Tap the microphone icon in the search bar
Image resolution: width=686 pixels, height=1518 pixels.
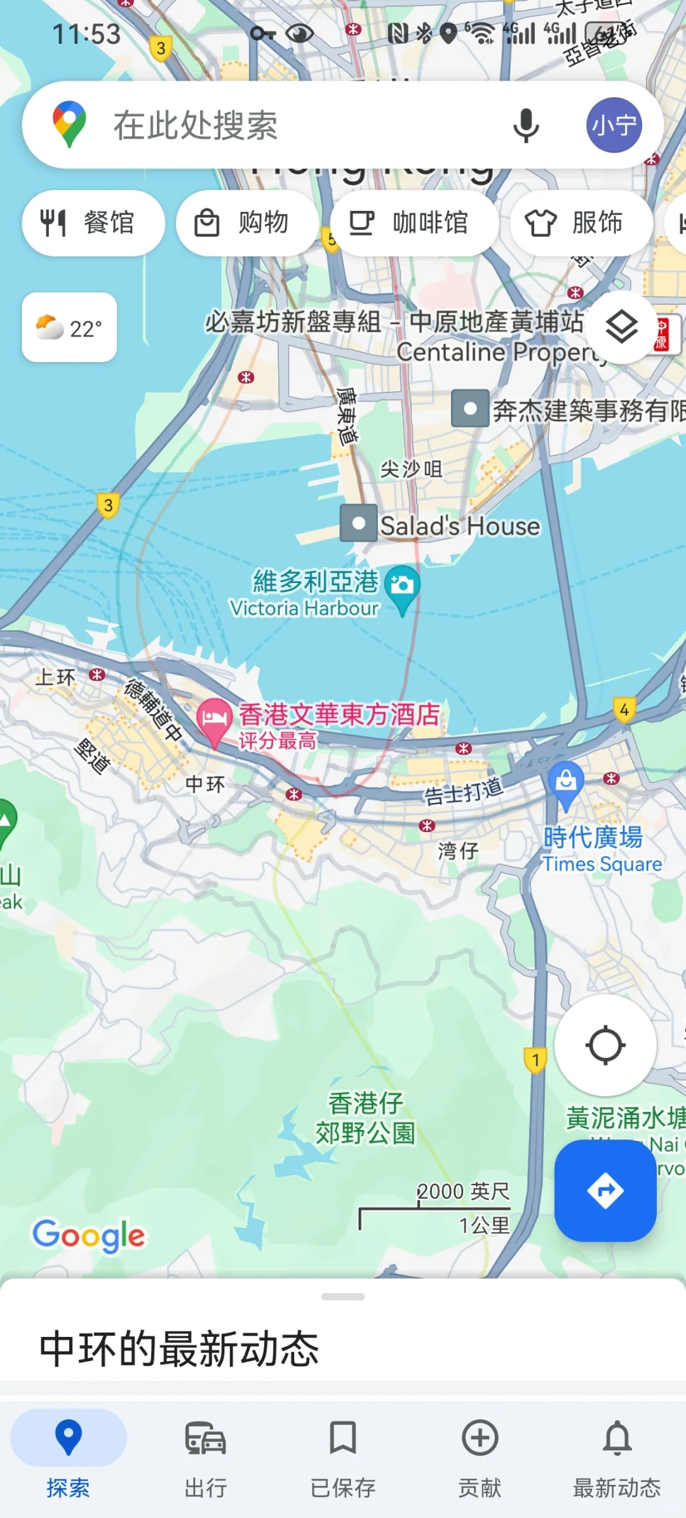click(526, 125)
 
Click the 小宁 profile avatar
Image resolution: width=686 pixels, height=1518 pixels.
click(614, 125)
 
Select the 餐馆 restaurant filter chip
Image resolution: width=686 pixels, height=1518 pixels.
click(93, 223)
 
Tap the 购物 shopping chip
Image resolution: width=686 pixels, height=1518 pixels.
click(247, 223)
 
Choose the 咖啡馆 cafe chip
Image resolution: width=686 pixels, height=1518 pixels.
click(414, 223)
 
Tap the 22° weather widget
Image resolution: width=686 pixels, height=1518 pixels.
click(69, 328)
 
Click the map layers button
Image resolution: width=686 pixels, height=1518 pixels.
click(621, 328)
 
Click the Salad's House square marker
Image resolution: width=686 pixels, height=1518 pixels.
click(359, 523)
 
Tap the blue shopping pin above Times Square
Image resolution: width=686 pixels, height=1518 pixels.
click(565, 781)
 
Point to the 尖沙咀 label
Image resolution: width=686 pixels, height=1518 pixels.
click(411, 469)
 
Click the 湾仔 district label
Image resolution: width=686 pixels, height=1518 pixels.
click(457, 850)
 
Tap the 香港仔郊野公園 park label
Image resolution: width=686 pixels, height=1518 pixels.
click(365, 1118)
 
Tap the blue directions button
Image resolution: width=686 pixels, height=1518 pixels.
click(605, 1190)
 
